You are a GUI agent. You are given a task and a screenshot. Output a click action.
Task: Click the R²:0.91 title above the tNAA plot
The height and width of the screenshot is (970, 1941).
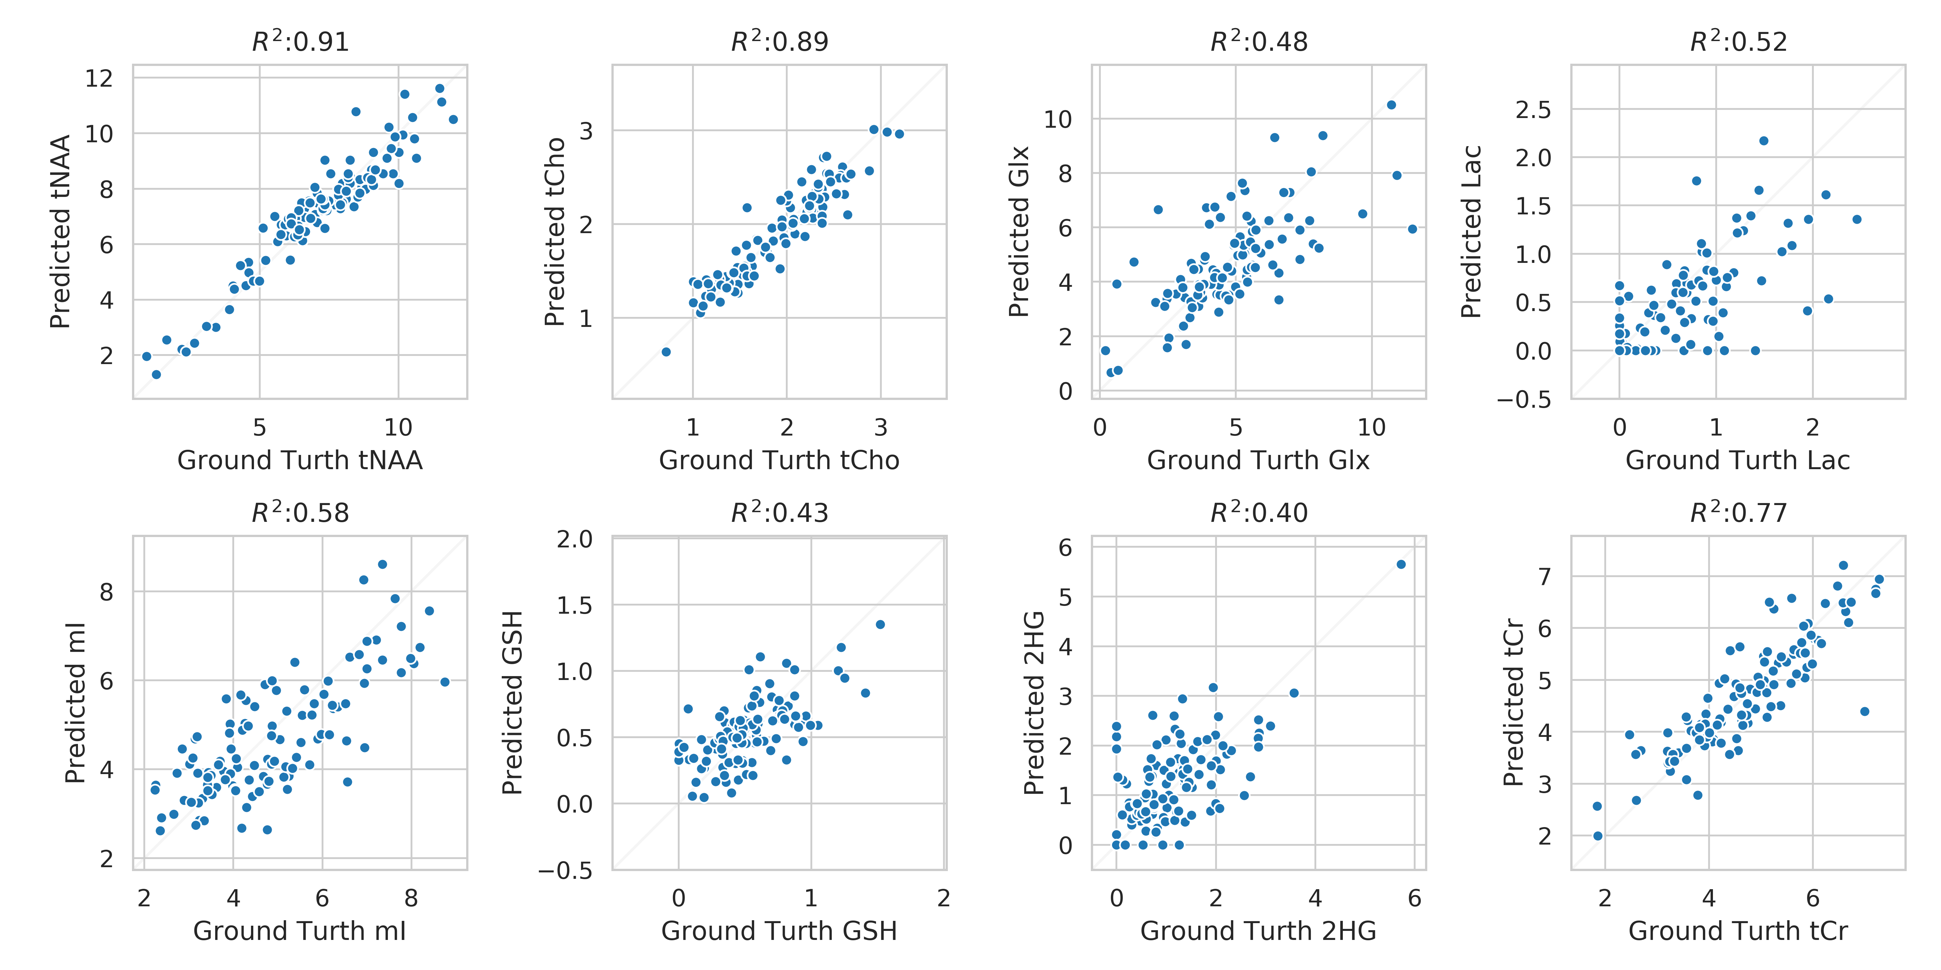(x=300, y=41)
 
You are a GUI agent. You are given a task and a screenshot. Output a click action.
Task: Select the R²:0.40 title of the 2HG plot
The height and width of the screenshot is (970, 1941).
(x=1258, y=513)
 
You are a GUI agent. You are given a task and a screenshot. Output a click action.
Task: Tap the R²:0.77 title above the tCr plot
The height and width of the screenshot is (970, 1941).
(x=1738, y=513)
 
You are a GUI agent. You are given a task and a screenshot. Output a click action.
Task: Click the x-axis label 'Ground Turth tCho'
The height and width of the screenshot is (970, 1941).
(x=779, y=460)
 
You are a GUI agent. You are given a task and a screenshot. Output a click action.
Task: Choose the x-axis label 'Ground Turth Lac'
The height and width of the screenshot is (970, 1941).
(x=1738, y=460)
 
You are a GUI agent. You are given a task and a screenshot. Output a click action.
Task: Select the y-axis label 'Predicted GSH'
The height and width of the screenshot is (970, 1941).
(x=512, y=703)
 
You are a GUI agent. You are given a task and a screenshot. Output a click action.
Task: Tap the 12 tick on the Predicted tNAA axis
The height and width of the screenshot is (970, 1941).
(x=99, y=78)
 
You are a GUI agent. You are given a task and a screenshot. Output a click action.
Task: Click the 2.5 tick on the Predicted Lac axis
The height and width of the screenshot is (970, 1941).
(x=1533, y=110)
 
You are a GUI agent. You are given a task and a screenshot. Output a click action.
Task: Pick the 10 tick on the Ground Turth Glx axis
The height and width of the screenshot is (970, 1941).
(x=1371, y=428)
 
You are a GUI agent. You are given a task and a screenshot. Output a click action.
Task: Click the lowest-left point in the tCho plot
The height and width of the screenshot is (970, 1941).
(x=666, y=352)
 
